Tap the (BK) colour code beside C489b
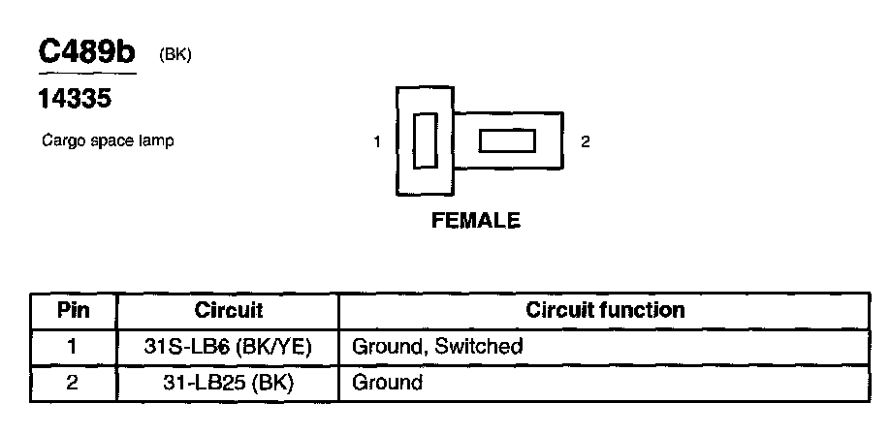click(175, 55)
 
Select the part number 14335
click(76, 99)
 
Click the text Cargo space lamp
click(107, 141)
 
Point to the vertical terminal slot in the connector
click(424, 141)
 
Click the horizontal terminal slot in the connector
click(507, 141)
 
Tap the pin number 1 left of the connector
click(376, 142)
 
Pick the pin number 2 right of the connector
click(585, 141)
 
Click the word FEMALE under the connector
click(475, 221)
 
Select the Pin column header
click(73, 311)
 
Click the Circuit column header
click(229, 311)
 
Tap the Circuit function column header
click(605, 311)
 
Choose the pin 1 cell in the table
click(73, 346)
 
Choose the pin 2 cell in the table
click(73, 382)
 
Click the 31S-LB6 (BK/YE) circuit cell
click(228, 346)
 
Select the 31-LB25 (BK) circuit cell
click(228, 382)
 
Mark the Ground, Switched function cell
click(437, 346)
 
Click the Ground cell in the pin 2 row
click(387, 382)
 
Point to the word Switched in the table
click(479, 346)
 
